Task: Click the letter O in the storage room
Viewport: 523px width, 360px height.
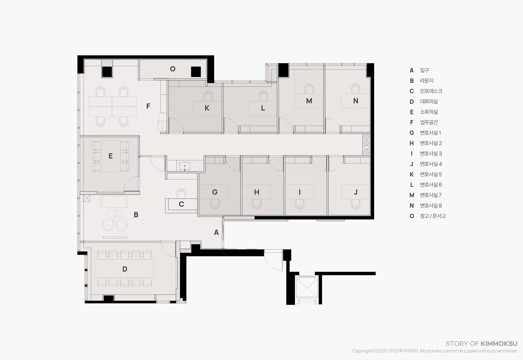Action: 173,69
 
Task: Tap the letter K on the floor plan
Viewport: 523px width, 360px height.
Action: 207,108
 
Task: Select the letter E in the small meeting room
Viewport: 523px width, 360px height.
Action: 111,156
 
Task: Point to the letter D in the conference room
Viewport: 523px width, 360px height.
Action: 125,269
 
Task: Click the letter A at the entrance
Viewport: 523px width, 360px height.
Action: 216,232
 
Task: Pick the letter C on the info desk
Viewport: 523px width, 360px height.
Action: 181,204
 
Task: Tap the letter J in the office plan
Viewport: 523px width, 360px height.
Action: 356,192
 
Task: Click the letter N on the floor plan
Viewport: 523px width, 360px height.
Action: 356,101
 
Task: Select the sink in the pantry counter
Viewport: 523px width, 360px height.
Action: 185,166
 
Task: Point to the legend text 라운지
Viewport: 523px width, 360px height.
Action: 427,81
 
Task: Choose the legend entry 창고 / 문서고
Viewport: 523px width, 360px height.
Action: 433,216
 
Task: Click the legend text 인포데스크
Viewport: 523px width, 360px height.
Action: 431,91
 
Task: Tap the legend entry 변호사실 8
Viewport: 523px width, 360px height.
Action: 431,206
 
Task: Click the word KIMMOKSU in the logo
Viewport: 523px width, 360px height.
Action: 499,344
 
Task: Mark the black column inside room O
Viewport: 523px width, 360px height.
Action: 196,72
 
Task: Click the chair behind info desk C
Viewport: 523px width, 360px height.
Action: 181,193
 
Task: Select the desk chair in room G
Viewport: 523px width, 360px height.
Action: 215,204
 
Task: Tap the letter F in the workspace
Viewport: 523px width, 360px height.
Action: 148,106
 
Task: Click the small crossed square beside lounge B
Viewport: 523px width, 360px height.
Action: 87,198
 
